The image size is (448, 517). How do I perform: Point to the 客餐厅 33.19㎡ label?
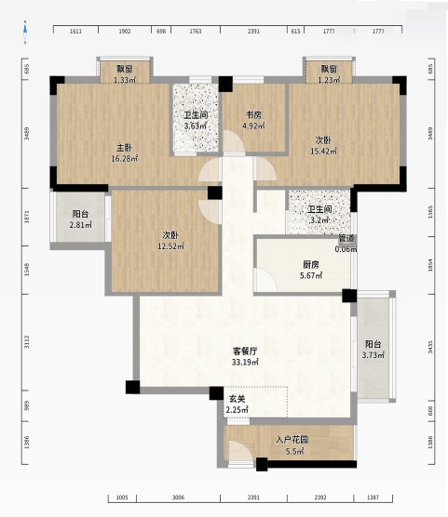pyautogui.click(x=245, y=356)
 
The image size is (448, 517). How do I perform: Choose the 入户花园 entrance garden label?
pyautogui.click(x=292, y=440)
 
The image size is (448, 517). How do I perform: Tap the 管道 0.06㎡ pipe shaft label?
pyautogui.click(x=346, y=244)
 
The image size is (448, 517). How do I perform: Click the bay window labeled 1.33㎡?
pyautogui.click(x=124, y=74)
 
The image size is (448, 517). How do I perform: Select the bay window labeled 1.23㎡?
pyautogui.click(x=329, y=74)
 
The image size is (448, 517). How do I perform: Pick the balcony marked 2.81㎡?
pyautogui.click(x=81, y=219)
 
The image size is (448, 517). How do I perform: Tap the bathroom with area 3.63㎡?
pyautogui.click(x=195, y=120)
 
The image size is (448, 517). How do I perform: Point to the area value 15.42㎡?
pyautogui.click(x=321, y=152)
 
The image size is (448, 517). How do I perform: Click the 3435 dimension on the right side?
pyautogui.click(x=429, y=347)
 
